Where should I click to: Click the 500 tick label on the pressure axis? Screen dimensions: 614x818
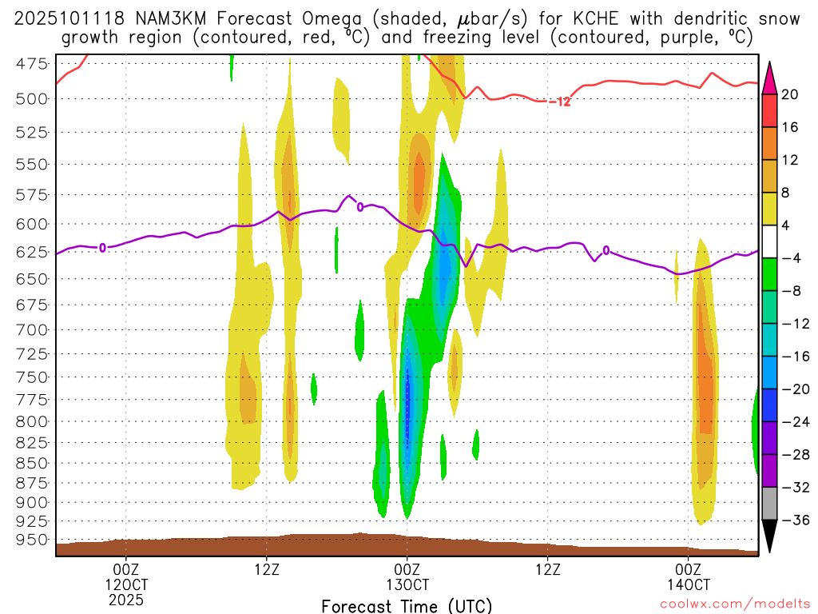click(x=32, y=98)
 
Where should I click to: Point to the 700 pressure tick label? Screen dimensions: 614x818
click(x=32, y=329)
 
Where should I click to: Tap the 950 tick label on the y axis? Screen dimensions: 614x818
click(x=32, y=539)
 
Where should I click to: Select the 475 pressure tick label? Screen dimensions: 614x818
click(x=32, y=65)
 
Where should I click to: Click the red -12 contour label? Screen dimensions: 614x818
click(x=560, y=102)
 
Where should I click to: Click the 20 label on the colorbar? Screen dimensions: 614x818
click(x=790, y=94)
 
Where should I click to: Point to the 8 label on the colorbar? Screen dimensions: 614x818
click(x=790, y=193)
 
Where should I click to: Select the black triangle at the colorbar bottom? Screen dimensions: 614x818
click(x=770, y=536)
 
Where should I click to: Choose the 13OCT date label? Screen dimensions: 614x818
click(x=407, y=584)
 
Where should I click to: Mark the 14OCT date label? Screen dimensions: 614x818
click(x=688, y=584)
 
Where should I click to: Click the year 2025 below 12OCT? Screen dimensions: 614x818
click(x=126, y=599)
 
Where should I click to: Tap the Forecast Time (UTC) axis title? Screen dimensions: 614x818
click(x=407, y=606)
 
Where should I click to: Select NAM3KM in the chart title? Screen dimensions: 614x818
click(x=140, y=18)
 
